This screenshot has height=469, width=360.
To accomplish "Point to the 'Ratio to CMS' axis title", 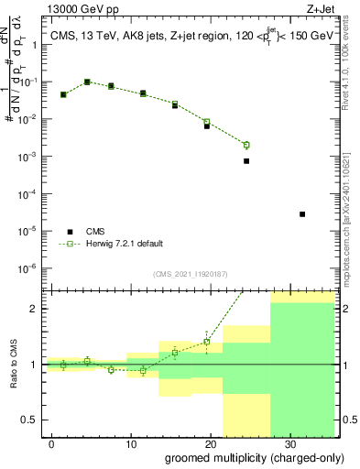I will (x=13, y=365).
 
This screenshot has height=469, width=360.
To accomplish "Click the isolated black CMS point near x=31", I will (x=302, y=214).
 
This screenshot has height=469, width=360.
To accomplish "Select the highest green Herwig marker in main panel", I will (x=87, y=82).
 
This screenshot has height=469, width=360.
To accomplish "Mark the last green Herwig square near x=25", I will (x=246, y=145).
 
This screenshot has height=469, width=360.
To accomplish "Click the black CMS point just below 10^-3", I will (x=246, y=161).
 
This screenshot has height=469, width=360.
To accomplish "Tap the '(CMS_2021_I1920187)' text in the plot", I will (x=190, y=273).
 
